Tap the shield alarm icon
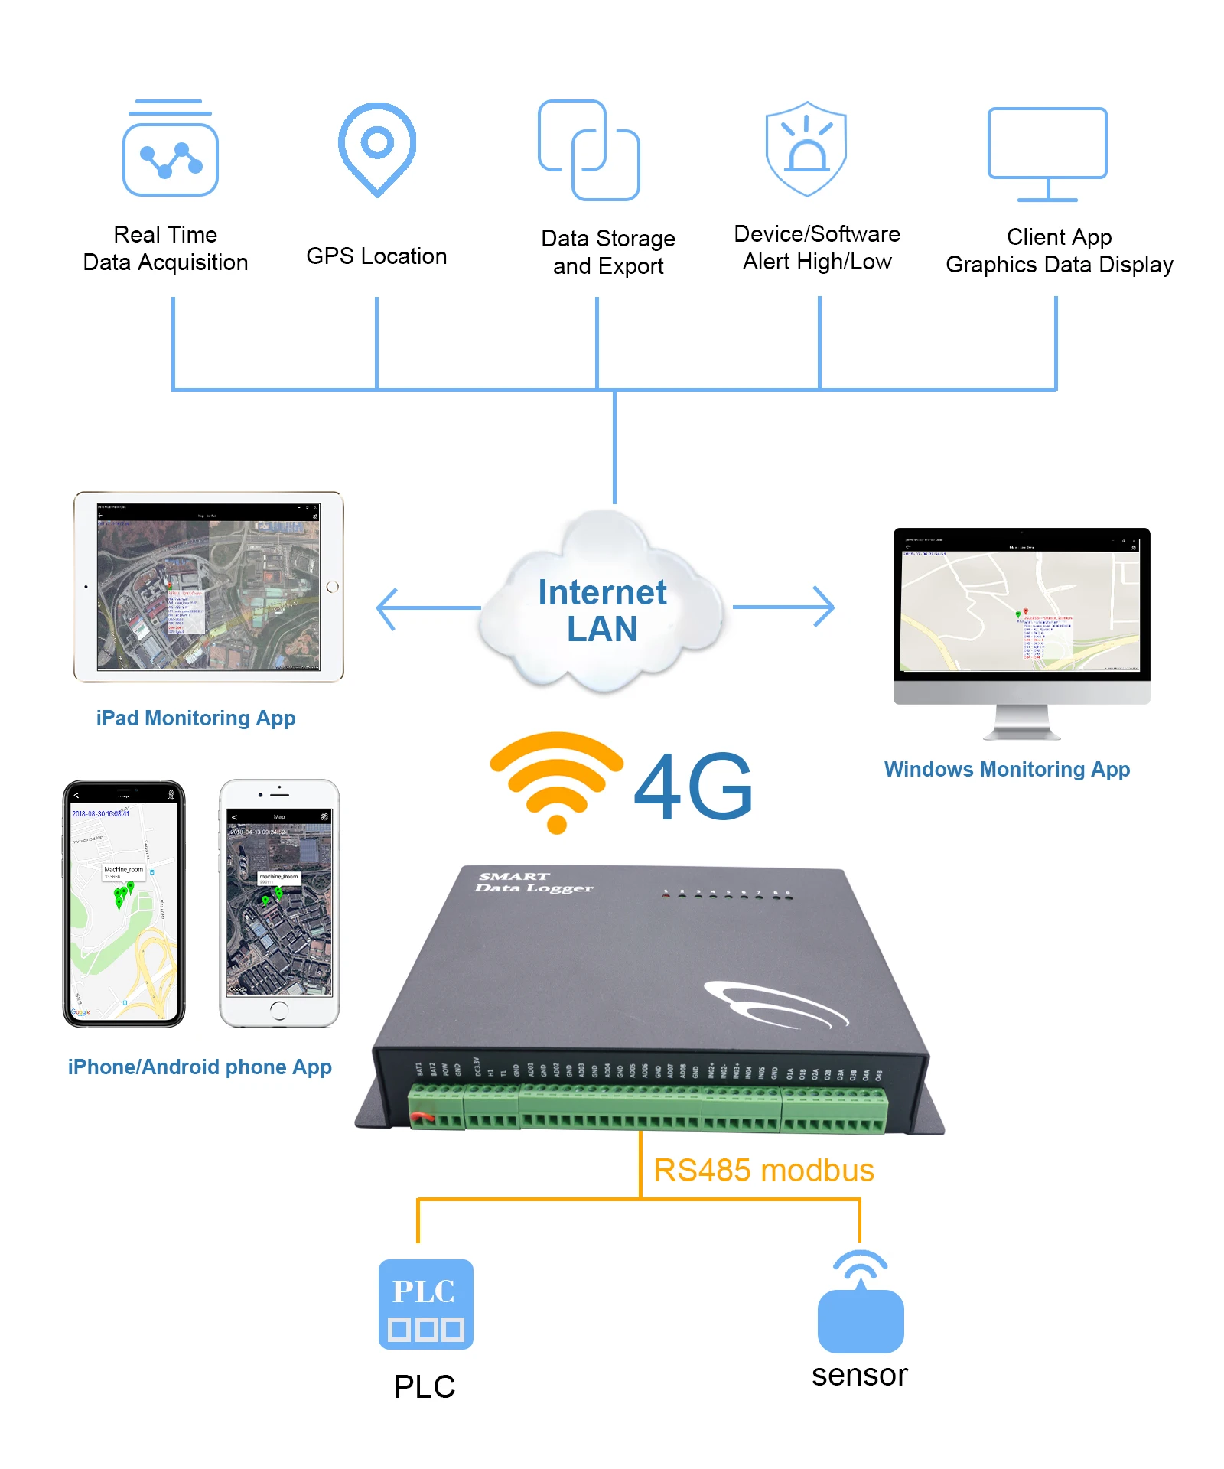tap(806, 148)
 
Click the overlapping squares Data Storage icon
tap(588, 150)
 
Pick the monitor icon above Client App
tap(1047, 153)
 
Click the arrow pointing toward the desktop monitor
tap(785, 607)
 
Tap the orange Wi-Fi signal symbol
tap(557, 780)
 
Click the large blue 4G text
tap(693, 787)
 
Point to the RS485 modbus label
tap(763, 1171)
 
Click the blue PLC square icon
tap(425, 1304)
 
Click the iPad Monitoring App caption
tap(196, 718)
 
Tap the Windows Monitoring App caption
tap(1007, 769)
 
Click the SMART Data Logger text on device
tap(533, 882)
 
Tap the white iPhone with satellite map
tap(279, 903)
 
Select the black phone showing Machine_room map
tap(124, 903)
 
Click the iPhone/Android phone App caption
tap(200, 1067)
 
